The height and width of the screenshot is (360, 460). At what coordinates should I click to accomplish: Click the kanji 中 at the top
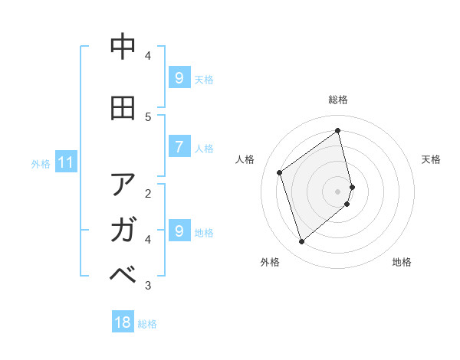point(123,47)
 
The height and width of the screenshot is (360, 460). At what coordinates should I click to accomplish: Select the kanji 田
point(123,109)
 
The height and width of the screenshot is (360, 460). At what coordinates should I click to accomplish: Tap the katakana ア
point(123,185)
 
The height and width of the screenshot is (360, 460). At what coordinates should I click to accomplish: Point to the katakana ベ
point(123,273)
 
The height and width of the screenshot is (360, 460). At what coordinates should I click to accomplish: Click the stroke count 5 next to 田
point(148,116)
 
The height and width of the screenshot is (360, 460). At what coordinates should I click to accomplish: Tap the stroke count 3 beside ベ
point(148,286)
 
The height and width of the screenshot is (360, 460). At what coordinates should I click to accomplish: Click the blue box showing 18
point(123,322)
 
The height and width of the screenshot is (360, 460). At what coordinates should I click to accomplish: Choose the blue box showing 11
point(65,162)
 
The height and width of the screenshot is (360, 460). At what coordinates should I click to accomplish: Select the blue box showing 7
point(179,147)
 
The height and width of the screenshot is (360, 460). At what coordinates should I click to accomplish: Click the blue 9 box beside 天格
point(179,77)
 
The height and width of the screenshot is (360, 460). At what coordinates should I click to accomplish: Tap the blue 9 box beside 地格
point(179,231)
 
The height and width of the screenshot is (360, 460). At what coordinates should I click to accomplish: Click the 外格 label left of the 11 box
point(41,163)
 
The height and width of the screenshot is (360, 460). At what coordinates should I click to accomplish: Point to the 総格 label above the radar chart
point(338,100)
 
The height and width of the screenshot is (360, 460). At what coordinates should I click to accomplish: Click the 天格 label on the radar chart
point(431,159)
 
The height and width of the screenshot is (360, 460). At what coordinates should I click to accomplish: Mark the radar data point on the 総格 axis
point(338,130)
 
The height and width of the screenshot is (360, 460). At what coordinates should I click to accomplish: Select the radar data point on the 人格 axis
point(280,172)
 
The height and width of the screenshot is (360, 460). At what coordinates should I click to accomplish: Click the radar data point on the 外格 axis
point(301,242)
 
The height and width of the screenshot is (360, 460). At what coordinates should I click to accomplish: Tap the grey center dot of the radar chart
point(338,191)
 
